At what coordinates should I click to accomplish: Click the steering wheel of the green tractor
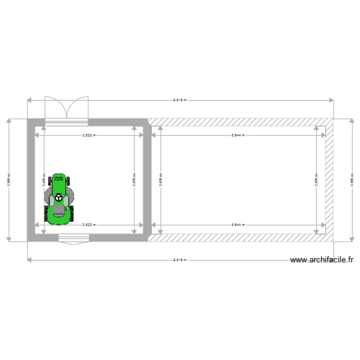pos(59,197)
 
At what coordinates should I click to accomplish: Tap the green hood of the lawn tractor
pos(59,184)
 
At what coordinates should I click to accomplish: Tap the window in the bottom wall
pos(73,238)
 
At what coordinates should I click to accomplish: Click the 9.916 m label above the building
pos(180,100)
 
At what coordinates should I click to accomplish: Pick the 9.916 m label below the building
pos(180,260)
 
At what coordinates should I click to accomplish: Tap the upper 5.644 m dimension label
pos(238,135)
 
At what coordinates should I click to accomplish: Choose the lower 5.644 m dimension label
pos(238,224)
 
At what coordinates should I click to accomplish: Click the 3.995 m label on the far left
pos(9,180)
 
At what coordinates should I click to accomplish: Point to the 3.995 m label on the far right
pos(351,180)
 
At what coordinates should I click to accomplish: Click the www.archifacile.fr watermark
pos(322,260)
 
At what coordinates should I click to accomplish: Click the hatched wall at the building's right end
pos(330,180)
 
